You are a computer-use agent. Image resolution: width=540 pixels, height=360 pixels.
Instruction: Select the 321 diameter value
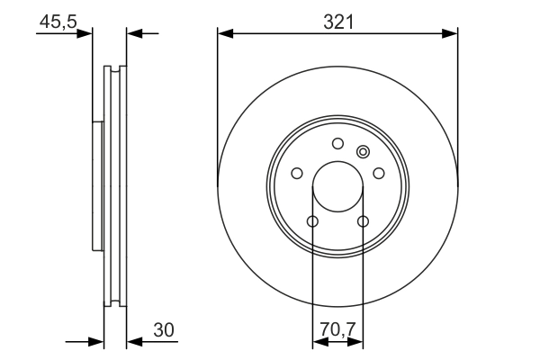(x=337, y=22)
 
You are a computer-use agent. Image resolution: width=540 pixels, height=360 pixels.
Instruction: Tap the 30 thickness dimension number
(x=163, y=331)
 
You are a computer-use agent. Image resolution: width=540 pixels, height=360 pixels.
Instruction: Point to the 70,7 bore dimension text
(x=337, y=331)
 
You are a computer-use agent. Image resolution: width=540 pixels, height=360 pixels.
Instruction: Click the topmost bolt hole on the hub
(x=337, y=143)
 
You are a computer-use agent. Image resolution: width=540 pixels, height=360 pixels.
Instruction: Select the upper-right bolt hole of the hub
(x=379, y=174)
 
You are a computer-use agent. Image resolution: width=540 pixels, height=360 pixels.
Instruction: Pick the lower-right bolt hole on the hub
(x=364, y=221)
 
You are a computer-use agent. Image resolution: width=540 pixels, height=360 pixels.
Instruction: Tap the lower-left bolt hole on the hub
(x=312, y=221)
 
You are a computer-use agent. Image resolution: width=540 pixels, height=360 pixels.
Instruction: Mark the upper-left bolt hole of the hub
(x=296, y=174)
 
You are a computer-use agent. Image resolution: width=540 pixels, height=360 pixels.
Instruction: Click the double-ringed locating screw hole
(x=363, y=151)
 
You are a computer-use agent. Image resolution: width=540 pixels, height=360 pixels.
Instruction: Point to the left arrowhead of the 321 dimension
(x=225, y=34)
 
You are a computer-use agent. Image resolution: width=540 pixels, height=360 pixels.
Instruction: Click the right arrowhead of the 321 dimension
(x=450, y=34)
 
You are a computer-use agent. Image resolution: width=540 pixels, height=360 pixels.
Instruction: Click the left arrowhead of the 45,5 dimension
(x=85, y=33)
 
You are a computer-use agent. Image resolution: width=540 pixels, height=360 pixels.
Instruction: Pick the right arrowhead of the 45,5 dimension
(x=134, y=33)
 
